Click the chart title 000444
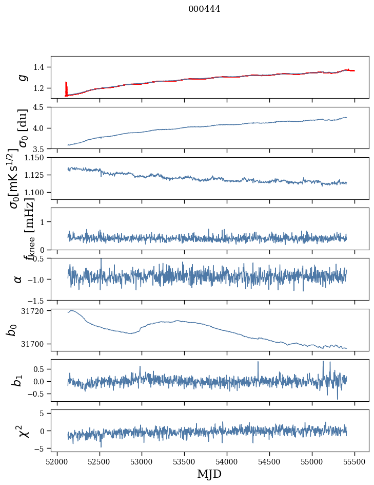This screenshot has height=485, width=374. [x=204, y=9]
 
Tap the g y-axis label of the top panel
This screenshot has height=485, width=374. [x=22, y=77]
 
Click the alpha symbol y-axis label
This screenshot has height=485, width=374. [x=18, y=279]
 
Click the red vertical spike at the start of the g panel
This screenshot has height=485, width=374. [x=66, y=87]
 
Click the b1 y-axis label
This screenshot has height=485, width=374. [x=18, y=380]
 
